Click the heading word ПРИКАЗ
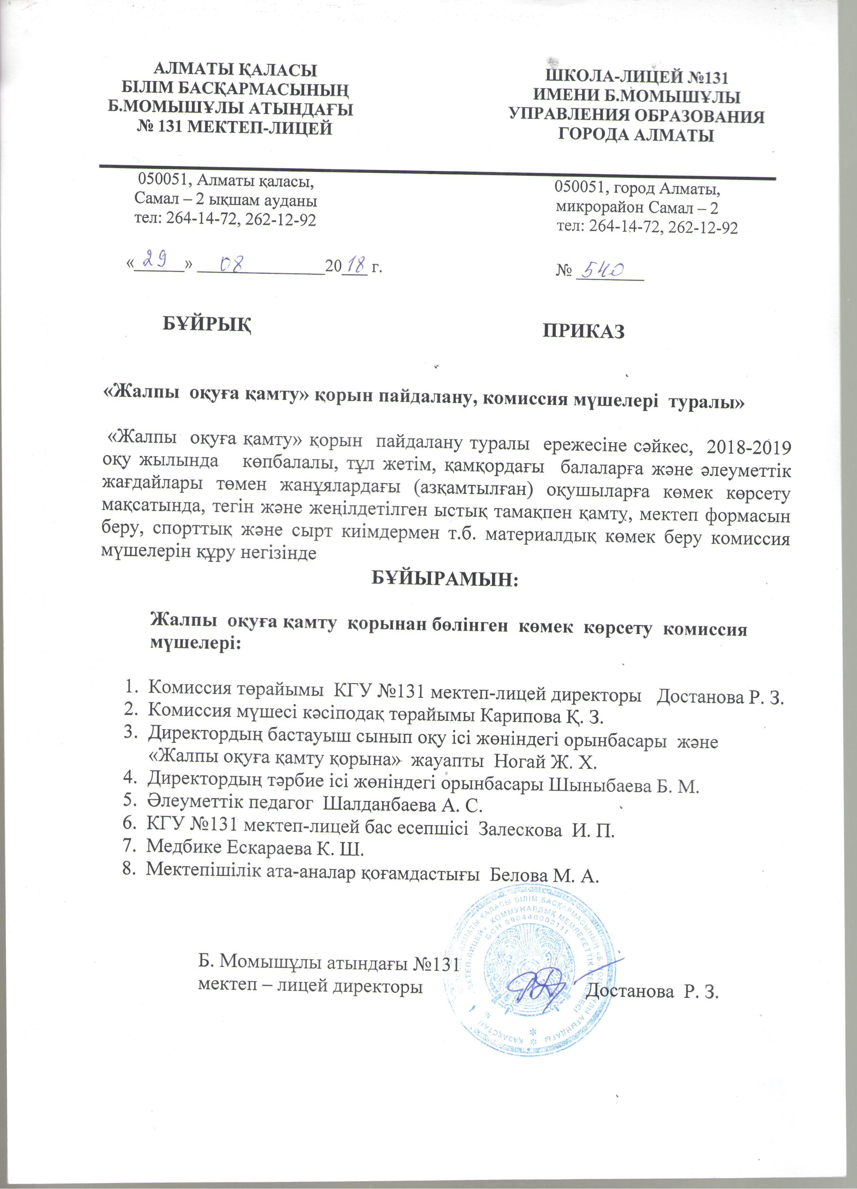[584, 331]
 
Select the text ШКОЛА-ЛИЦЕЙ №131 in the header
[637, 78]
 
